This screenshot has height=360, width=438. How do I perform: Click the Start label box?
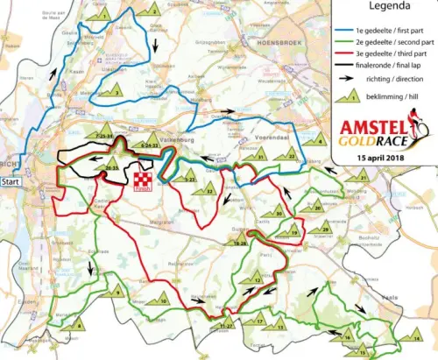10,182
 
